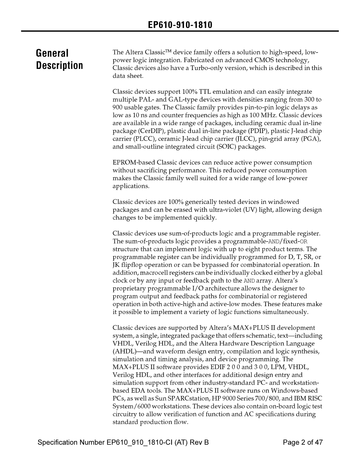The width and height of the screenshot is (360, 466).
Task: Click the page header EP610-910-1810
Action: click(x=180, y=25)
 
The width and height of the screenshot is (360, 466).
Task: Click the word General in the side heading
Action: click(x=52, y=53)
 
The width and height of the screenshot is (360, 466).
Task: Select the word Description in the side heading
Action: click(x=59, y=66)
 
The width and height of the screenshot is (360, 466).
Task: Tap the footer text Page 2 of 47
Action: click(x=302, y=442)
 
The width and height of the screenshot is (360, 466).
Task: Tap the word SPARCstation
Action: click(x=171, y=399)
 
